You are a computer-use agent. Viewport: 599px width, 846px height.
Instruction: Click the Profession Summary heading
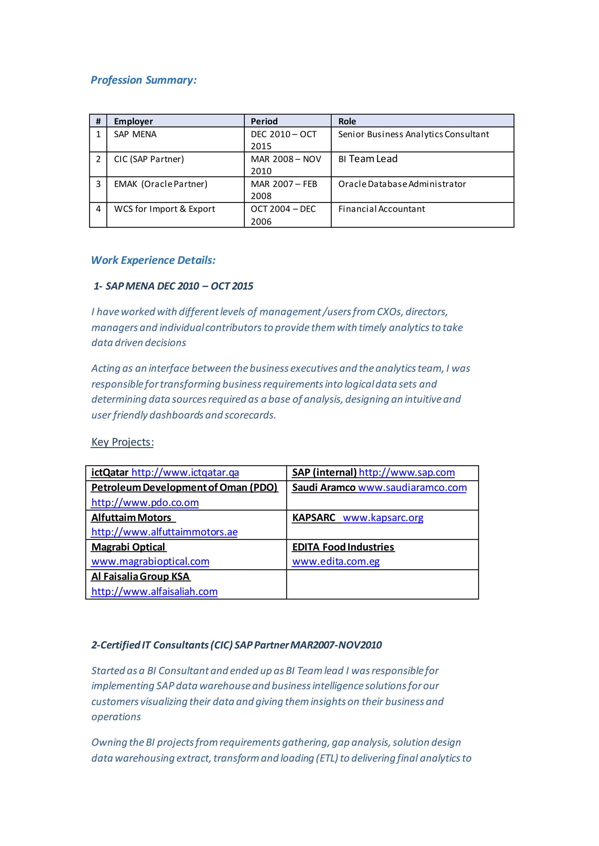pos(144,80)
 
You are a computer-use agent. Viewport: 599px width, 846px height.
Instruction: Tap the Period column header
pos(264,121)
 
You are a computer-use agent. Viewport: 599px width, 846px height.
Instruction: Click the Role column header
pos(347,121)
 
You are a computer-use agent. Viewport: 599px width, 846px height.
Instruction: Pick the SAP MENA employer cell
pos(135,134)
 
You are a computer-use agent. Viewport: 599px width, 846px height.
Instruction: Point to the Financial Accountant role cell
pos(381,209)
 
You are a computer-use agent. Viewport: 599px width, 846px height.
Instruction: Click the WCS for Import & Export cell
pos(164,209)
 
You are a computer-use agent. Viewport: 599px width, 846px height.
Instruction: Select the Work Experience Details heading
pos(153,260)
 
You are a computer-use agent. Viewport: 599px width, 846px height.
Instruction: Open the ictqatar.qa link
pos(185,472)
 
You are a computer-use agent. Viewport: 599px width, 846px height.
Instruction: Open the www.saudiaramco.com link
pos(412,488)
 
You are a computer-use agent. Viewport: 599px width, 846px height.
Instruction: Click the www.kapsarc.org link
pos(383,518)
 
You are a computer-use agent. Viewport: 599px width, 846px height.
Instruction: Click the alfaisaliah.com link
pos(154,592)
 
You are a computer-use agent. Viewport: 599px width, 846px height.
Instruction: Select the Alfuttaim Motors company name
pos(131,518)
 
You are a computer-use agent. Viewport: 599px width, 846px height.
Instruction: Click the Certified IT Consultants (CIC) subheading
pos(236,645)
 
